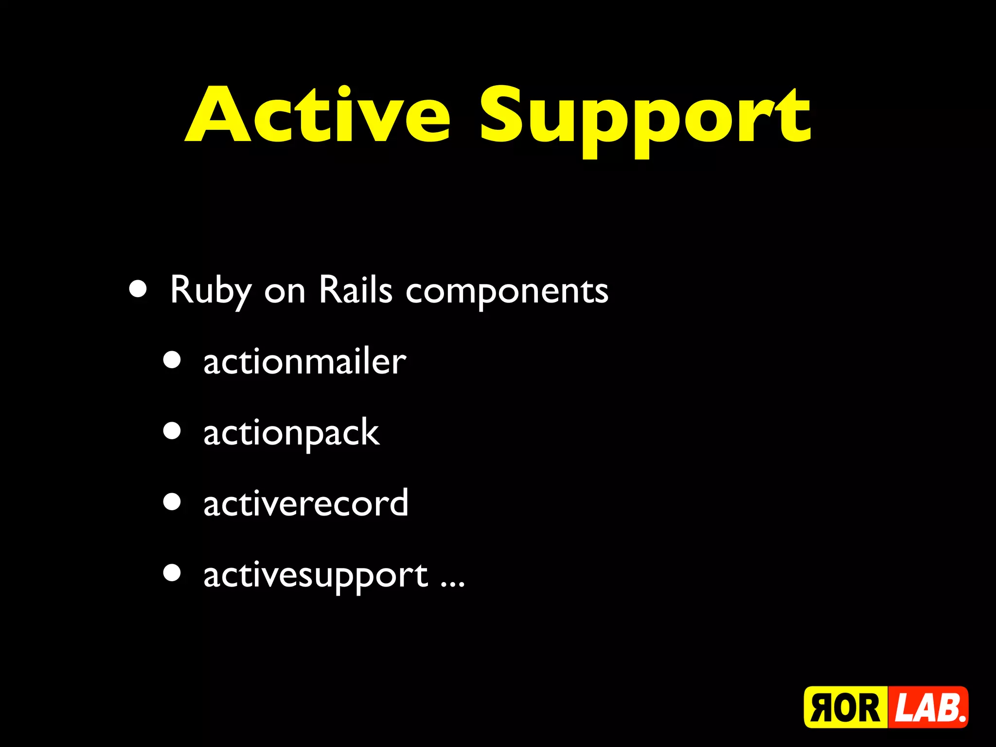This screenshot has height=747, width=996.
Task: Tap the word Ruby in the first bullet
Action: click(211, 290)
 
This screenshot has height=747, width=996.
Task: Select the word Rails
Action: click(356, 290)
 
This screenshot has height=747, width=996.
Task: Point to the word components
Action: click(507, 292)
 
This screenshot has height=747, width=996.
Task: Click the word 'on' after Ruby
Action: click(285, 292)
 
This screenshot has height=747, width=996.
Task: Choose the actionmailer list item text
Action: click(304, 362)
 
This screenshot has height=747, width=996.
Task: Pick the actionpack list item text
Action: click(291, 433)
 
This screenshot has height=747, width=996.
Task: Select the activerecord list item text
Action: click(305, 504)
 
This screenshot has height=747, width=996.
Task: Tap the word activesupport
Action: click(316, 576)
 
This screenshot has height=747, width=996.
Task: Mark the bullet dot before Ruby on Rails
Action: click(138, 289)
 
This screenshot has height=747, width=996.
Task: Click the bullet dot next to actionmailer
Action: click(172, 360)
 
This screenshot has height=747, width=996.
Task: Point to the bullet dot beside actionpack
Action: click(172, 431)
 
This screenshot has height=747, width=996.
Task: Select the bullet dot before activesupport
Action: click(172, 573)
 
